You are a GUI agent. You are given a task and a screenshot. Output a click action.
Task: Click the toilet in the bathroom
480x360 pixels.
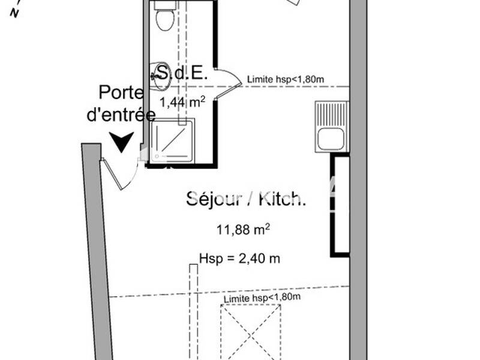(164, 19)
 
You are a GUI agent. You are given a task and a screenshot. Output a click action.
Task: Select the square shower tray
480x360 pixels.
(173, 140)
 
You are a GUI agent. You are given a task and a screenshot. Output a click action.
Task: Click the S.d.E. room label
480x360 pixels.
(181, 74)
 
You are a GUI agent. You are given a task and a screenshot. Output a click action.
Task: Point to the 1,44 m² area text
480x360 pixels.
(182, 102)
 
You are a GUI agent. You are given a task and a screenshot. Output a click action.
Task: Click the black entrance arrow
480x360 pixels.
(122, 142)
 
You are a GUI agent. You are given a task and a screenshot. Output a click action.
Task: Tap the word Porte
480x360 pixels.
(121, 93)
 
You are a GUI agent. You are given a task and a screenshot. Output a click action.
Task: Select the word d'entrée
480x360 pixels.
(121, 115)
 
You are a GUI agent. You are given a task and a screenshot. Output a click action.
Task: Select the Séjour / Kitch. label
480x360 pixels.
(246, 199)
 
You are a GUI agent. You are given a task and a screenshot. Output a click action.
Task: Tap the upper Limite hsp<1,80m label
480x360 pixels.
(286, 79)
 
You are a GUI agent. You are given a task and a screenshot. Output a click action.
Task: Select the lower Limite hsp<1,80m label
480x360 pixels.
(262, 298)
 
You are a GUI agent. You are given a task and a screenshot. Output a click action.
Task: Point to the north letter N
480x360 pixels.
(14, 14)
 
